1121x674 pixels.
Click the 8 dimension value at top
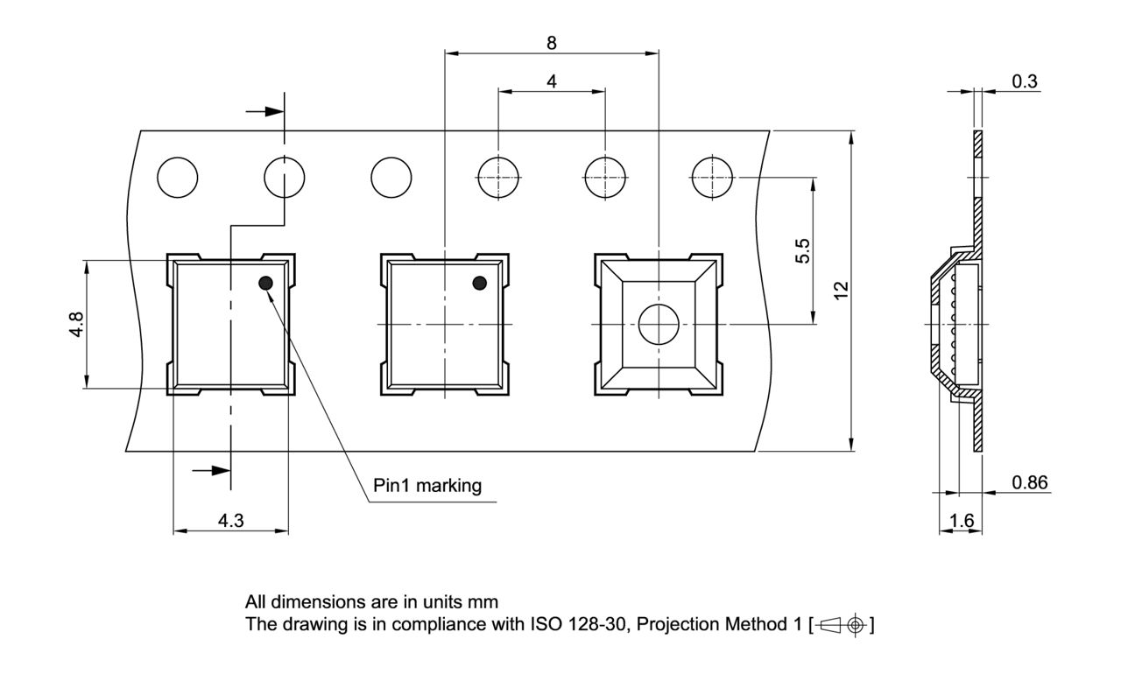click(x=551, y=42)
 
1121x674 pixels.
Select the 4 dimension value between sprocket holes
click(x=551, y=81)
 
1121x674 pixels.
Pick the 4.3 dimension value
click(x=230, y=521)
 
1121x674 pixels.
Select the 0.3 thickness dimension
click(x=1025, y=81)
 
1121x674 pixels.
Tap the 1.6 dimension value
click(x=961, y=521)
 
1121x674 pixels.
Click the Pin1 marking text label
click(x=427, y=486)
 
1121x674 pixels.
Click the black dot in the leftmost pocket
click(x=265, y=282)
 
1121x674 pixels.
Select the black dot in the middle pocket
click(x=479, y=282)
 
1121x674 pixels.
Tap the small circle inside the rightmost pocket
click(x=659, y=324)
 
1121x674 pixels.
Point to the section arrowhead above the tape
click(x=274, y=112)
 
